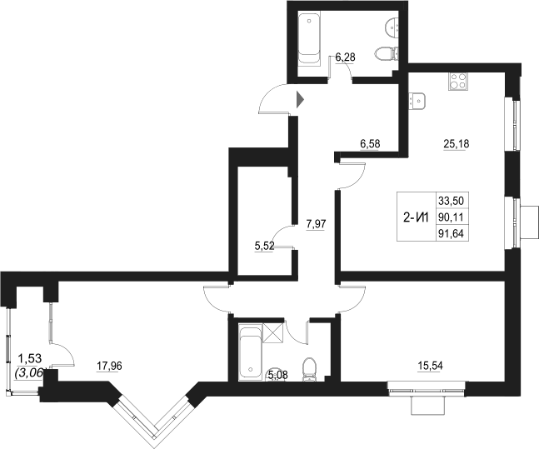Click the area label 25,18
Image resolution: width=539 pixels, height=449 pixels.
click(456, 143)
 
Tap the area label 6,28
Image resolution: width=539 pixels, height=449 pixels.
click(346, 57)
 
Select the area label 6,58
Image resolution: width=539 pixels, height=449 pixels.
click(369, 143)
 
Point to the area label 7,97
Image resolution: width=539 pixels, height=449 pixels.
click(315, 222)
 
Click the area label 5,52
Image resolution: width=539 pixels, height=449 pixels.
click(264, 246)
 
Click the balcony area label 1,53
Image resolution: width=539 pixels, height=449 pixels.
click(29, 359)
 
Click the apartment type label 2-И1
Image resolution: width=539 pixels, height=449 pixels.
click(415, 219)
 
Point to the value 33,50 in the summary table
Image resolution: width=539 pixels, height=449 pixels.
click(450, 201)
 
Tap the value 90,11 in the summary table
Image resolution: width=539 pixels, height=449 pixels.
click(450, 217)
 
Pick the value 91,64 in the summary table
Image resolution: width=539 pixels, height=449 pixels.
click(450, 234)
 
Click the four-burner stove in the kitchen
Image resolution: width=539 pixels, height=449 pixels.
click(458, 82)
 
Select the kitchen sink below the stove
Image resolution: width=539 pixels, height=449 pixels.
click(417, 101)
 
